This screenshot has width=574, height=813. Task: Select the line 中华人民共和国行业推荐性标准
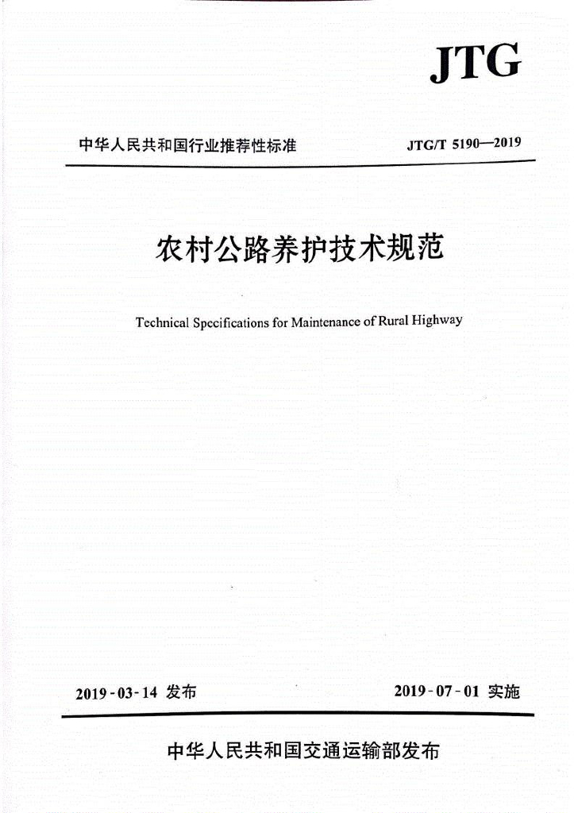pos(187,146)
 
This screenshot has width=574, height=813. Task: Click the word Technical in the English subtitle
pos(162,323)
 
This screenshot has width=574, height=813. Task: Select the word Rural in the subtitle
pos(396,322)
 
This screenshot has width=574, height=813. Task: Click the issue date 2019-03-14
pos(117,693)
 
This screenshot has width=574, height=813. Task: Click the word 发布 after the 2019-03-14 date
pos(182,692)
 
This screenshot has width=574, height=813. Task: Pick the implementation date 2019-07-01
pos(437,692)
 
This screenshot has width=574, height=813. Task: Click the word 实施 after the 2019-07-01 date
pos(503,692)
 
